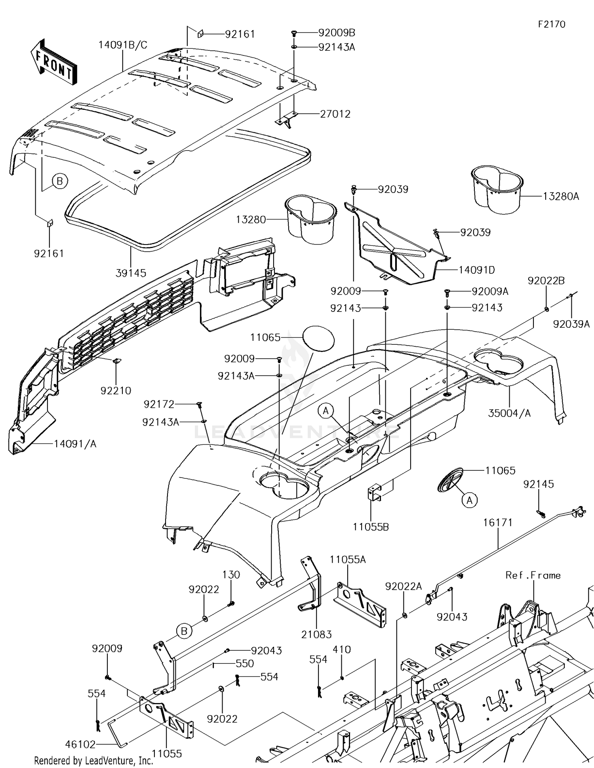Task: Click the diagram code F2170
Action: (x=551, y=24)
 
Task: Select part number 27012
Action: (x=335, y=114)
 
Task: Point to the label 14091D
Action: (x=476, y=270)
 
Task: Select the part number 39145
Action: (x=131, y=273)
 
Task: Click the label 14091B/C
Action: (x=123, y=45)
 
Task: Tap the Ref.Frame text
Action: (x=533, y=575)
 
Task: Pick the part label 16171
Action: (x=497, y=522)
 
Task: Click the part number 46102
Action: (x=80, y=744)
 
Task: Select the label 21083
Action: (x=316, y=634)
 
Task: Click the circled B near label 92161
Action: (x=59, y=181)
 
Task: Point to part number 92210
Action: (x=116, y=390)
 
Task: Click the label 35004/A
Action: (x=509, y=413)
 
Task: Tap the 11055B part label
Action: (x=371, y=527)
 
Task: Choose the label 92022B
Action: (x=546, y=281)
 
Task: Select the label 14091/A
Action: (x=75, y=444)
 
